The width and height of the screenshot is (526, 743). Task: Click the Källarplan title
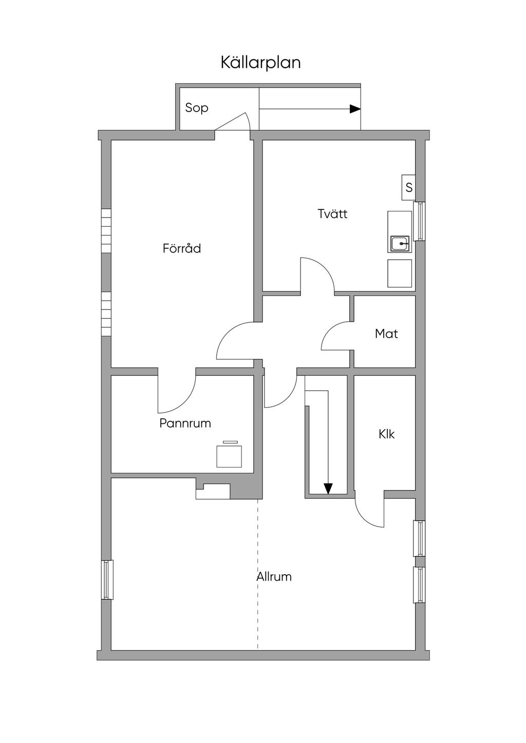tap(260, 63)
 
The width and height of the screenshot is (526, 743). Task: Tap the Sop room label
tap(197, 108)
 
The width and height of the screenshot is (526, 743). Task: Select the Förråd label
tap(182, 249)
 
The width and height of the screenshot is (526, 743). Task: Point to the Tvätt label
tap(332, 214)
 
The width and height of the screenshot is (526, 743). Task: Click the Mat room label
tap(386, 334)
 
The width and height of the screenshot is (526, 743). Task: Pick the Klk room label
tap(386, 434)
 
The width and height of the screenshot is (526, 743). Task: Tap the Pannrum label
tap(185, 424)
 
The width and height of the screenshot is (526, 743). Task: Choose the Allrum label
tap(274, 577)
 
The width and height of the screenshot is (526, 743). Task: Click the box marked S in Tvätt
tap(408, 188)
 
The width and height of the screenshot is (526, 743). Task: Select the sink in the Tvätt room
tap(400, 243)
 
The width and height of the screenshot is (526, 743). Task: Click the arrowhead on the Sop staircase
tap(355, 109)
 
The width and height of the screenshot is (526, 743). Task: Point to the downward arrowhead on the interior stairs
tap(328, 488)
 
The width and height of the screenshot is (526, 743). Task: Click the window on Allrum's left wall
tap(107, 580)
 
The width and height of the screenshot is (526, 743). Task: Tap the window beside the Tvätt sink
tap(420, 221)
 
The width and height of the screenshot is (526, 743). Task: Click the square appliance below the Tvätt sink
tap(400, 273)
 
